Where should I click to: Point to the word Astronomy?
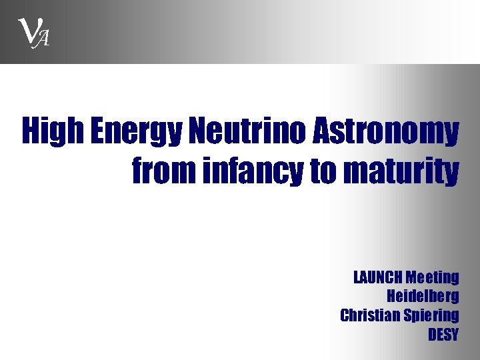click(385, 133)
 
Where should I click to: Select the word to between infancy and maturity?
click(325, 171)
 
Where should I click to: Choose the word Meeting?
click(433, 277)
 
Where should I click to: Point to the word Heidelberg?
click(423, 296)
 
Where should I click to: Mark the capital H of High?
click(30, 132)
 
